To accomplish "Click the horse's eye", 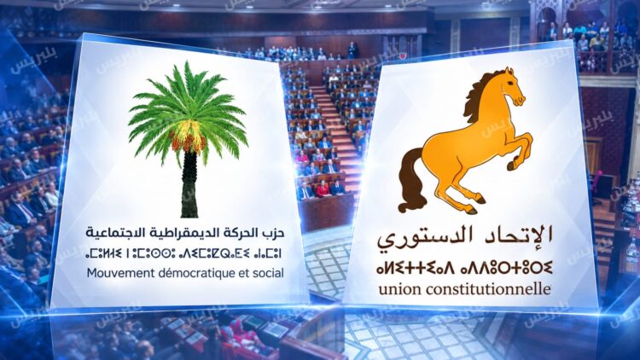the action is (x=510, y=84).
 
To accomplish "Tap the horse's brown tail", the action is (x=410, y=180).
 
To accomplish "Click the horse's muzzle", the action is (x=521, y=100).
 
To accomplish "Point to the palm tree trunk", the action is (x=189, y=183).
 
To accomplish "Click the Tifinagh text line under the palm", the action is (x=183, y=253).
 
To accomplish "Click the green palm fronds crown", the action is (x=188, y=106).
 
